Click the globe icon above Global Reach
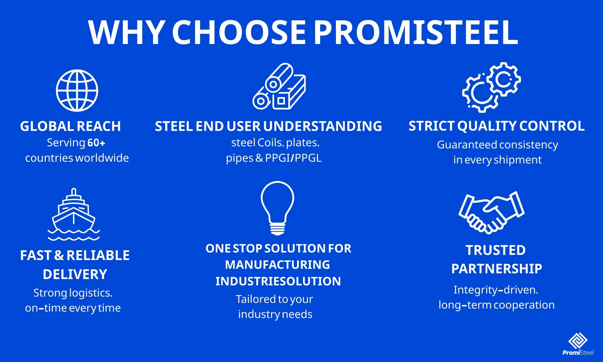pyautogui.click(x=77, y=90)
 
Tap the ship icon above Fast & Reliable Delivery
pyautogui.click(x=73, y=215)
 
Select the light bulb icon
pyautogui.click(x=278, y=207)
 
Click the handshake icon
pyautogui.click(x=491, y=213)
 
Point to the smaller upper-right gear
pyautogui.click(x=504, y=79)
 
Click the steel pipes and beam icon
pyautogui.click(x=279, y=87)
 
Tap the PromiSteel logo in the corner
pyautogui.click(x=578, y=344)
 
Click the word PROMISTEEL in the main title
pyautogui.click(x=416, y=32)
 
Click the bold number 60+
pyautogui.click(x=96, y=143)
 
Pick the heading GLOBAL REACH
pyautogui.click(x=70, y=126)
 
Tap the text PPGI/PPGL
pyautogui.click(x=293, y=158)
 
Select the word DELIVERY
pyautogui.click(x=75, y=274)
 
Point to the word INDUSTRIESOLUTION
pyautogui.click(x=278, y=281)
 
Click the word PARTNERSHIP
pyautogui.click(x=497, y=269)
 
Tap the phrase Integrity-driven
pyautogui.click(x=496, y=290)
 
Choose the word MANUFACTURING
pyautogui.click(x=277, y=265)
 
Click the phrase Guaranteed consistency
pyautogui.click(x=497, y=145)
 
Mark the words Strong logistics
pyautogui.click(x=73, y=293)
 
